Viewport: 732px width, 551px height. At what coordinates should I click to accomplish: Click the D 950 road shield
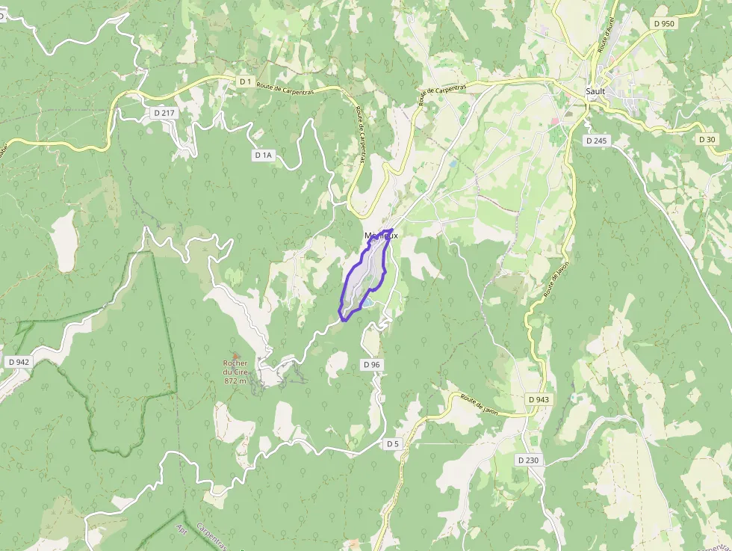pos(663,23)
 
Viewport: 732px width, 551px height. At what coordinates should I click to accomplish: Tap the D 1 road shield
pos(245,81)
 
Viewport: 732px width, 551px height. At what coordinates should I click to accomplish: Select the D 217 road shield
pos(163,113)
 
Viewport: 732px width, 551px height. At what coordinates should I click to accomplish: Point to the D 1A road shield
pos(264,156)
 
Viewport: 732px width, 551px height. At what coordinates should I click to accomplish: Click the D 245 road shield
pos(598,140)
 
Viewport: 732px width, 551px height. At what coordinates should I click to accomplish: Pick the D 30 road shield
pos(707,140)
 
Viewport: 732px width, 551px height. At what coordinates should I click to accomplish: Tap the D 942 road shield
pos(19,362)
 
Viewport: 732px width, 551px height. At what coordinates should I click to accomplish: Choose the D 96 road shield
pos(371,364)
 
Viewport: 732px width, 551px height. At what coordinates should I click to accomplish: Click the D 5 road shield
pos(393,444)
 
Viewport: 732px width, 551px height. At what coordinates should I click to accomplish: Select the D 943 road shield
pos(538,400)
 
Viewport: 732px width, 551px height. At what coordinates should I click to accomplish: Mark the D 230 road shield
pos(527,461)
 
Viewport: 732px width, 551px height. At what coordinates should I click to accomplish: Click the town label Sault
pos(595,91)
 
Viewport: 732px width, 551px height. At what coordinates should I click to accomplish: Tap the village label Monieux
pos(381,236)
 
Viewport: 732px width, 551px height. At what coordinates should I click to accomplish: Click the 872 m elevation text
pos(235,381)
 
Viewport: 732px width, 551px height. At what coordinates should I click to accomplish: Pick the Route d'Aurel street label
pos(605,35)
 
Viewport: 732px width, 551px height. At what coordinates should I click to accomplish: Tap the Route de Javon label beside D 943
pos(478,403)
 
